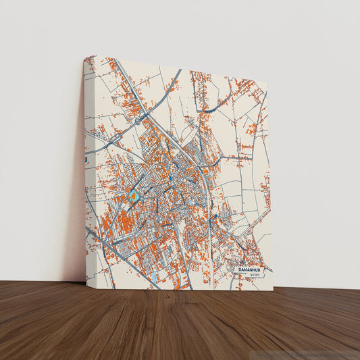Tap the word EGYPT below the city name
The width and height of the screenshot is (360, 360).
pos(255,276)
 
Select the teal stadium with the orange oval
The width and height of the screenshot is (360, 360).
pos(133,196)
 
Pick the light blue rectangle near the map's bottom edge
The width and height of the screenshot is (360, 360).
pos(155,277)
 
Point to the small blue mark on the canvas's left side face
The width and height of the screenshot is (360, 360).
pos(86,159)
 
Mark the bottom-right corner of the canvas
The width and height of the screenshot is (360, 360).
pos(274,290)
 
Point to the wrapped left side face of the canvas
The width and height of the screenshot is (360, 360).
pos(89,203)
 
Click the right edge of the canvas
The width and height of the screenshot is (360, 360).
pos(269,189)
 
